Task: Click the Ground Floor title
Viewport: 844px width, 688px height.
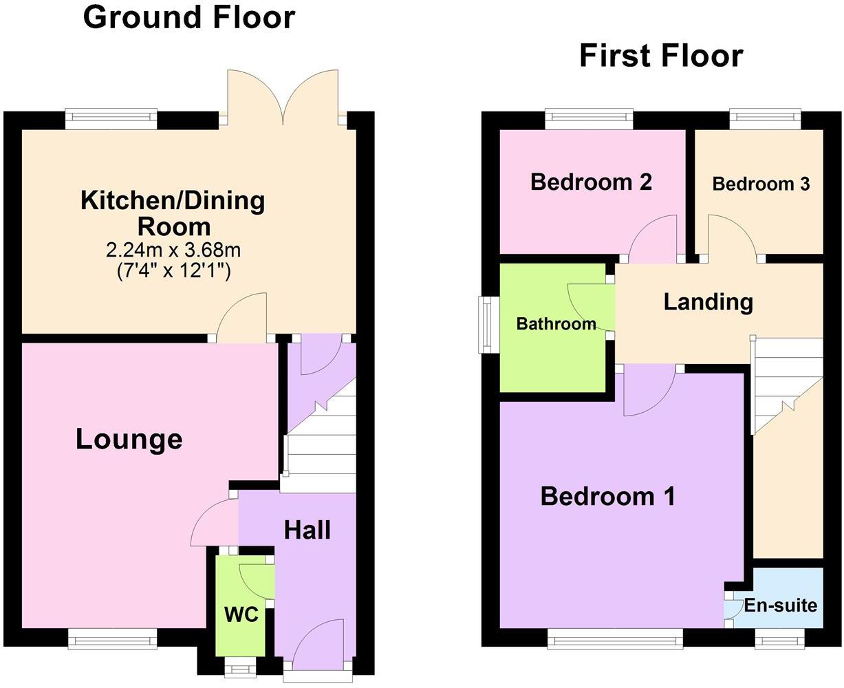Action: (189, 17)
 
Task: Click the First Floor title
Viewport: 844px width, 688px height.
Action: (661, 56)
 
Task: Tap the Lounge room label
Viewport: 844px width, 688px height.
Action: (129, 439)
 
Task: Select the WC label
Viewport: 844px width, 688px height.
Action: (241, 614)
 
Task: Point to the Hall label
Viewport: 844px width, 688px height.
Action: (307, 530)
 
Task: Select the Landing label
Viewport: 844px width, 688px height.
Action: (708, 301)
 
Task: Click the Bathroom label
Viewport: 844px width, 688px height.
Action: (556, 323)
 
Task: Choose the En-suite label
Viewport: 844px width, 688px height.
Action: (781, 605)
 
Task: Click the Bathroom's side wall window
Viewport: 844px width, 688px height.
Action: (490, 325)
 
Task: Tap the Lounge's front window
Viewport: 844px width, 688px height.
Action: (113, 640)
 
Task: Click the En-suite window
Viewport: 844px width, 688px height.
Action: (779, 641)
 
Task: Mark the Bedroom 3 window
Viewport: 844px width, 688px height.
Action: (765, 119)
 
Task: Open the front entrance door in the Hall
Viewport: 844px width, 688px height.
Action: (317, 647)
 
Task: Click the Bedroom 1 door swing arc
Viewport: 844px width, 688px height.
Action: (650, 396)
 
